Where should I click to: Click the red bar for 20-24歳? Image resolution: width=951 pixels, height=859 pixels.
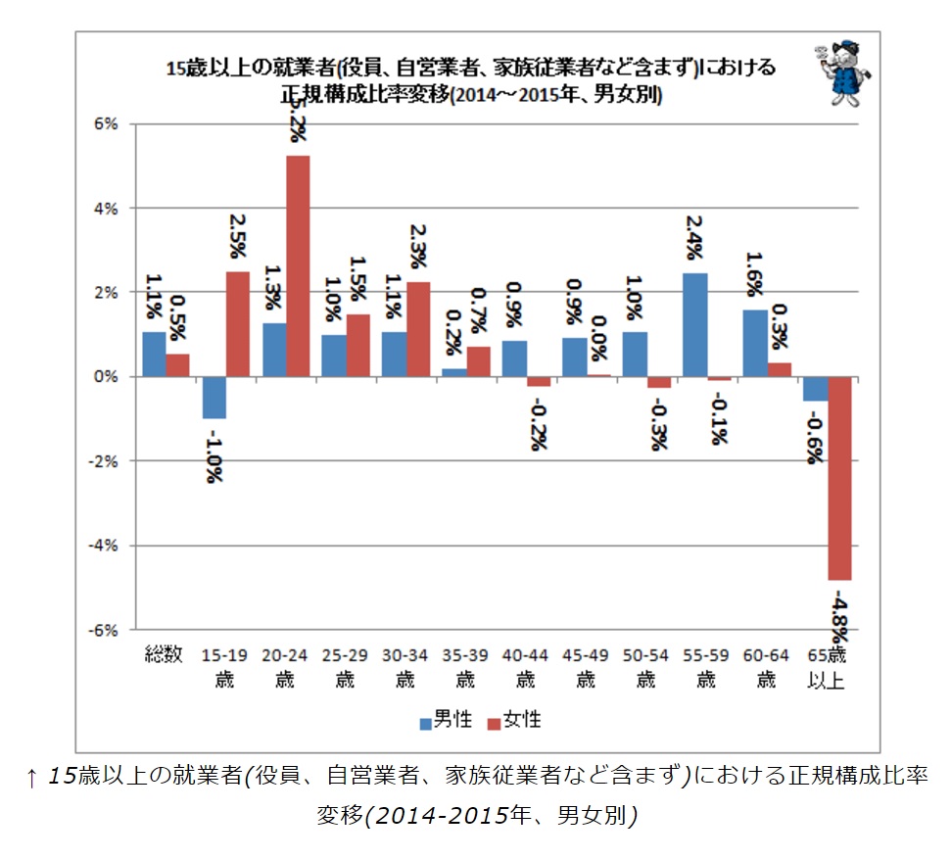[x=298, y=265]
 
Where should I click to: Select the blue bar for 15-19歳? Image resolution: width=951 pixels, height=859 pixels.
[x=214, y=398]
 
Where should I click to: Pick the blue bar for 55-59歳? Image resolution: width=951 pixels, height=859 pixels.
[x=694, y=325]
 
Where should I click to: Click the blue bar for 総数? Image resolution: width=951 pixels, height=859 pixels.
[x=154, y=354]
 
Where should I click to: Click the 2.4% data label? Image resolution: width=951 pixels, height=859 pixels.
[x=694, y=235]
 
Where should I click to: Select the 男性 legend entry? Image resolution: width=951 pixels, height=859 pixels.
[x=446, y=722]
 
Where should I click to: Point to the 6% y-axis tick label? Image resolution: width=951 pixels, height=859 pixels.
[x=105, y=124]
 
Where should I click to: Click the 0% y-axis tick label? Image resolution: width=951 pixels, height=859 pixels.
[x=105, y=377]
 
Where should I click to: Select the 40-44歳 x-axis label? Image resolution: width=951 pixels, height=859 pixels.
[x=525, y=665]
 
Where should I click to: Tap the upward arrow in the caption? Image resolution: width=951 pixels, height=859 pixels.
[x=32, y=778]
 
